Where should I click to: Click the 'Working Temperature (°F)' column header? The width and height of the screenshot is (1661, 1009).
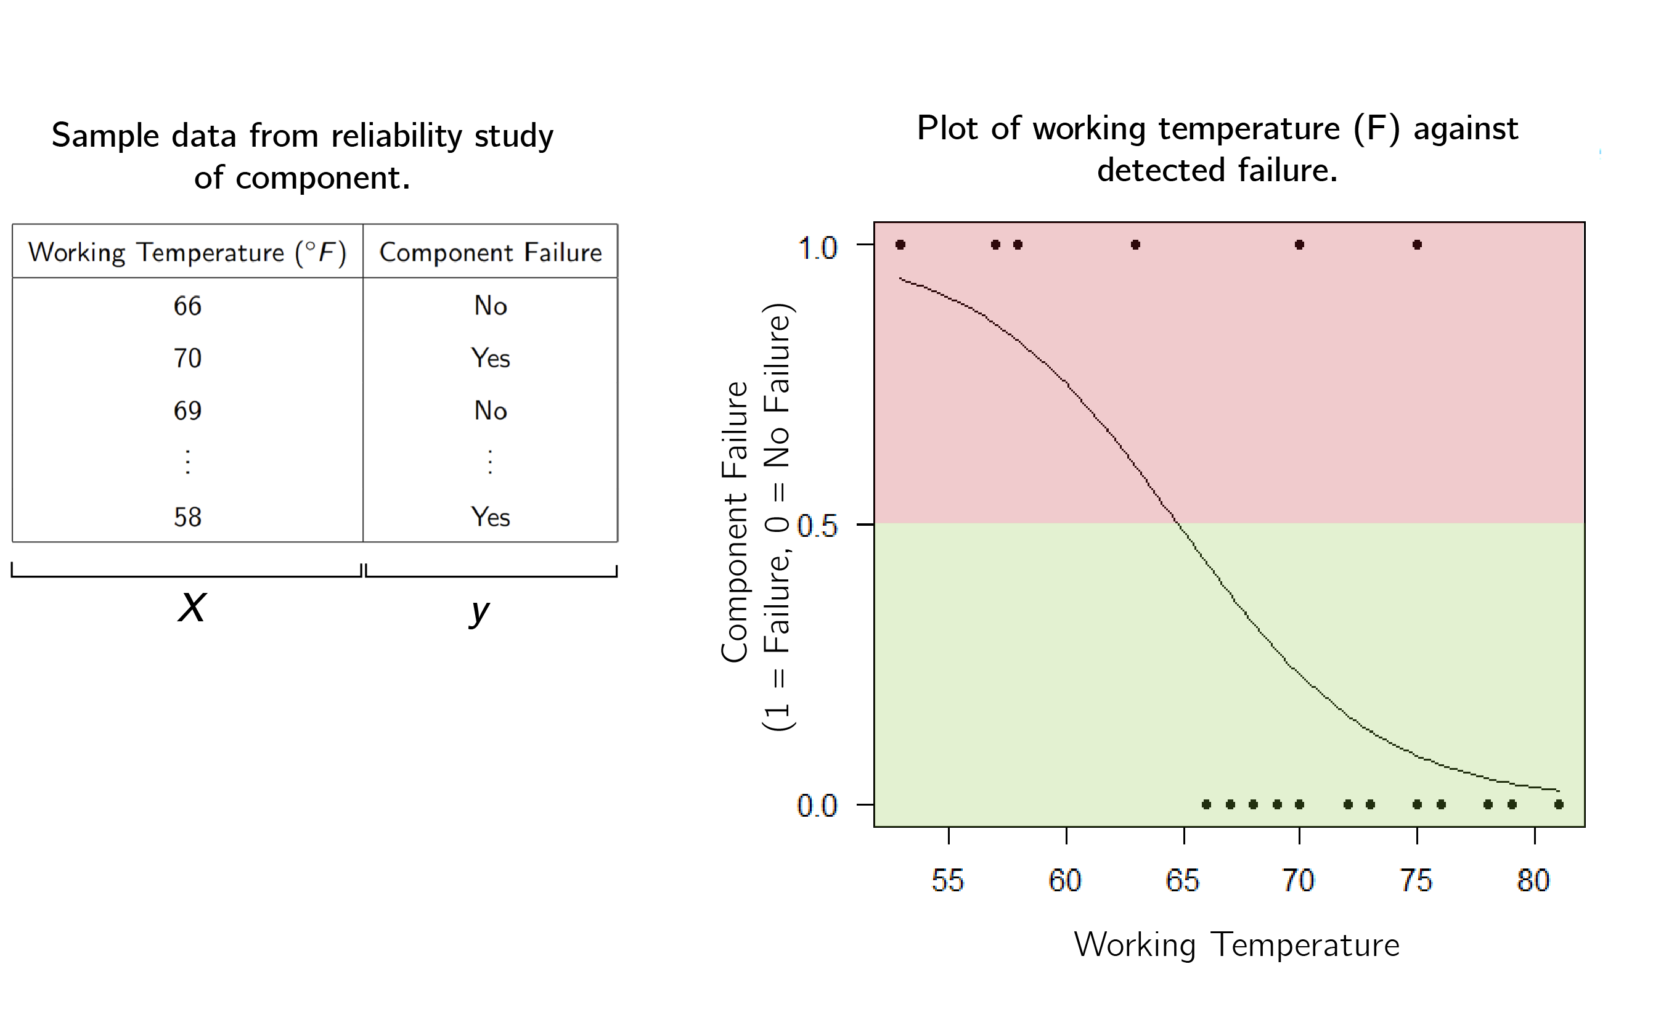point(187,252)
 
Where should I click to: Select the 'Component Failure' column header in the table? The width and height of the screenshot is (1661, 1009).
point(490,252)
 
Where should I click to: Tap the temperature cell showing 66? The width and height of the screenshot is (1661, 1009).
point(187,306)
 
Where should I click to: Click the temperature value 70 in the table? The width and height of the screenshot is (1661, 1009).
point(187,358)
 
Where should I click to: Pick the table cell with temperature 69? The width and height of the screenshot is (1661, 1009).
point(187,411)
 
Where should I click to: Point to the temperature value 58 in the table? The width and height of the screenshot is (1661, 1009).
point(187,517)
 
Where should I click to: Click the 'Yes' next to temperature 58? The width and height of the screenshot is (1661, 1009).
point(490,517)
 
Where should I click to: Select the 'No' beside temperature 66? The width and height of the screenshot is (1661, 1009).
point(490,306)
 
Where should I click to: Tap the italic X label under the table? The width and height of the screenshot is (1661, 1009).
point(192,607)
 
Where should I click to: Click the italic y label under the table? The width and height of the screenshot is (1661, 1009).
point(480,611)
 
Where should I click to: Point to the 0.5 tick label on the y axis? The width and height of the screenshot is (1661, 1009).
point(817,526)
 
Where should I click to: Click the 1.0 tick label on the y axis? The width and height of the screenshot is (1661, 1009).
point(817,248)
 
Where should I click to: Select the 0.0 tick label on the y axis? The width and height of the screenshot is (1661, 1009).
point(817,806)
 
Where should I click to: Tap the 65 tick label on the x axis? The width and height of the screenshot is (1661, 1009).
point(1182,880)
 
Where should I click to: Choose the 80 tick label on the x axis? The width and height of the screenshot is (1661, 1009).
point(1533,880)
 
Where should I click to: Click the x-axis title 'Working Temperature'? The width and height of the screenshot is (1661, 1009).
point(1236,944)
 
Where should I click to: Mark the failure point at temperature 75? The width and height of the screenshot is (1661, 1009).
point(1417,245)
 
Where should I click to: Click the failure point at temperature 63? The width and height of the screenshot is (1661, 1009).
point(1136,245)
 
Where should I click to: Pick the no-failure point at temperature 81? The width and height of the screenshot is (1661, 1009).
point(1559,804)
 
